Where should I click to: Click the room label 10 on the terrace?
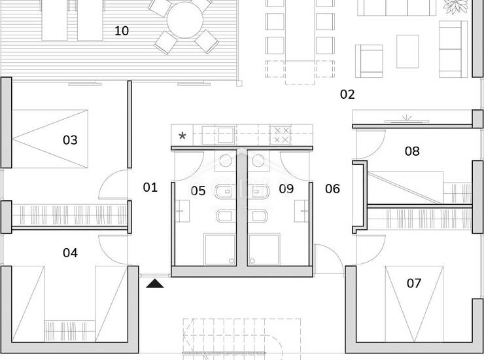122,31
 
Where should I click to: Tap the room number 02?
347,94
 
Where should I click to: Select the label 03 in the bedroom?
70,140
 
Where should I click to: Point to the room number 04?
70,253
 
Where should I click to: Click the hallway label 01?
150,187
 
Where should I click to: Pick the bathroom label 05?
198,190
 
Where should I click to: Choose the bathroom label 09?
286,189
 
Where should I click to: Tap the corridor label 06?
332,189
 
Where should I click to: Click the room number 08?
412,151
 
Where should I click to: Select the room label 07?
413,283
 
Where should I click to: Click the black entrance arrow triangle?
155,284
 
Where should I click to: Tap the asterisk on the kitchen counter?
182,135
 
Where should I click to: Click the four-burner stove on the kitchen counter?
281,135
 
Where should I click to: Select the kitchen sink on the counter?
226,135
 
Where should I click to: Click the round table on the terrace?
185,20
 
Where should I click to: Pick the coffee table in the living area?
407,51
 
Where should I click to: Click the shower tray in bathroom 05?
220,249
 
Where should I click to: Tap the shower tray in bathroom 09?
264,249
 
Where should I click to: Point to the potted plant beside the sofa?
455,6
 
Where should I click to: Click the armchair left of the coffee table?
369,61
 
